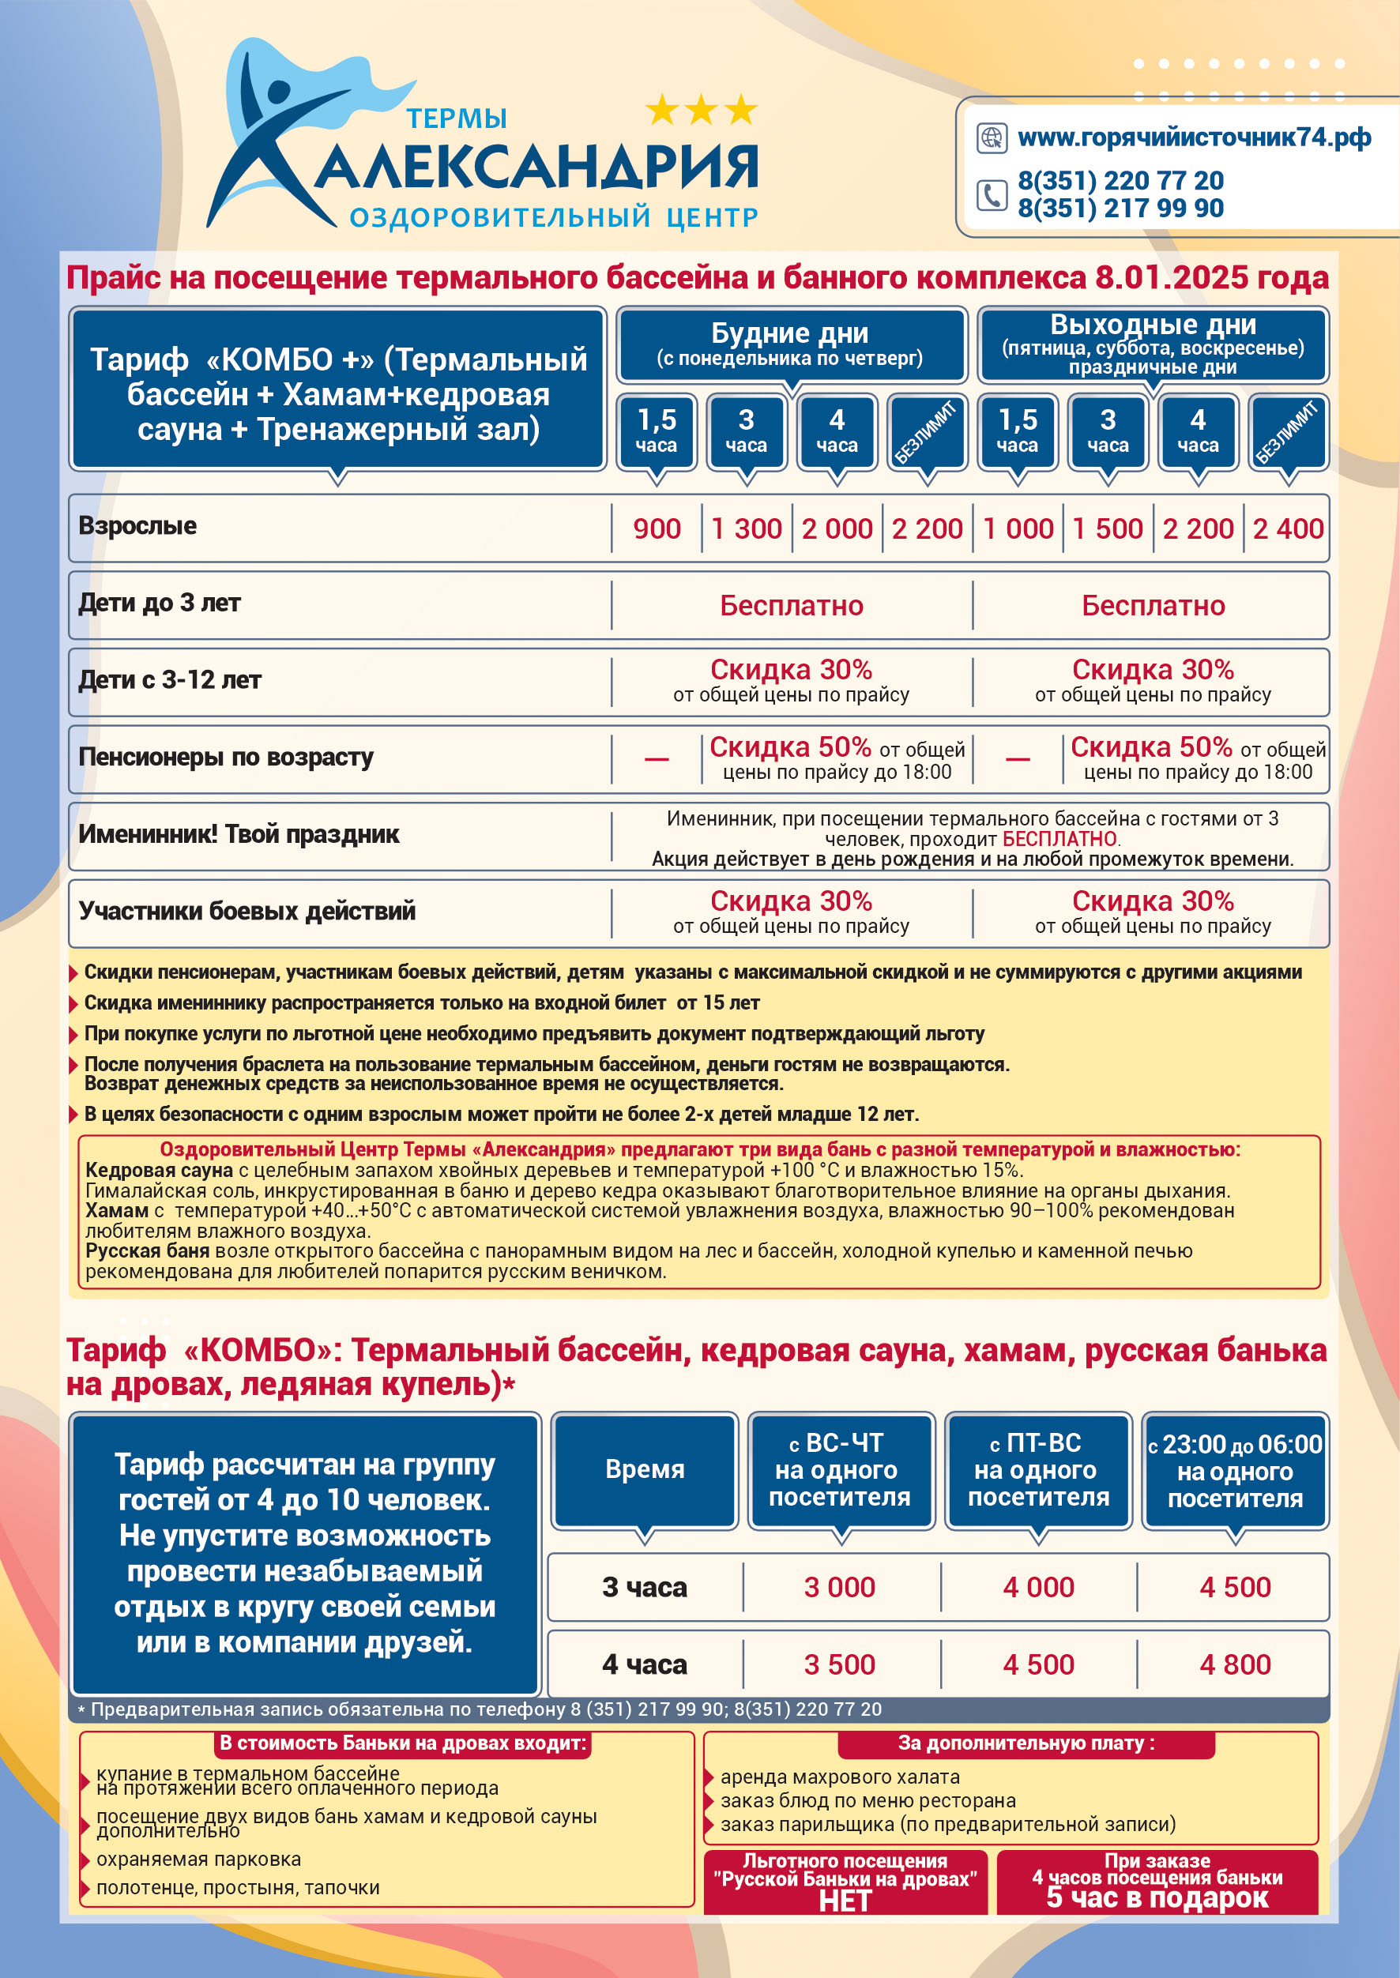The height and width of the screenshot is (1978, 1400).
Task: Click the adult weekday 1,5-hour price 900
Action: (656, 528)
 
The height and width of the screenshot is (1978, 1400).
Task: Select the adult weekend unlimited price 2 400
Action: (1287, 528)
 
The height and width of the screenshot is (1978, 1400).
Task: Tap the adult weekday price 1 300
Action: (746, 528)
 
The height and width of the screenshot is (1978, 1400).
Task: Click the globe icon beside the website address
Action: (992, 138)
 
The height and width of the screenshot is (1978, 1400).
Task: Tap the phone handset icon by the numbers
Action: (992, 195)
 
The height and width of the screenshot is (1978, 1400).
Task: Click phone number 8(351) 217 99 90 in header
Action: (1120, 209)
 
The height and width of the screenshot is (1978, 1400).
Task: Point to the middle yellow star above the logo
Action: (701, 110)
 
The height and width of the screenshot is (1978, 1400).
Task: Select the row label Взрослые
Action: (138, 526)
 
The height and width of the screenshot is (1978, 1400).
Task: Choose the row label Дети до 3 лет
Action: (160, 604)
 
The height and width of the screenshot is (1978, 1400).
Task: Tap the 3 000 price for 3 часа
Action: (839, 1587)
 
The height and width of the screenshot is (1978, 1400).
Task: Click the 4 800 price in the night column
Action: (1235, 1664)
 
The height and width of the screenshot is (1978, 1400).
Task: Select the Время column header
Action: (644, 1469)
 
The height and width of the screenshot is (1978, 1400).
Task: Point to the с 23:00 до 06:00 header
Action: (1235, 1470)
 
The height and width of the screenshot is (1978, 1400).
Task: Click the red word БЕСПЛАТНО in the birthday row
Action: (1059, 839)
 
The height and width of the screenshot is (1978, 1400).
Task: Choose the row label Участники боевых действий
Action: (247, 911)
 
